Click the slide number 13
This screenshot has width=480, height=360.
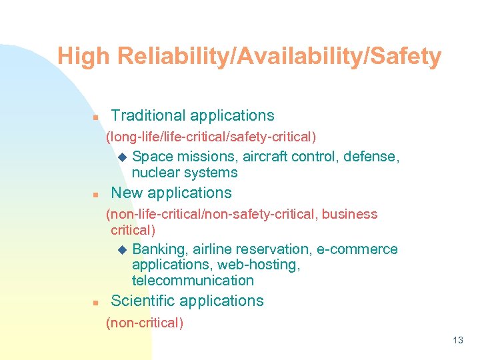(457, 341)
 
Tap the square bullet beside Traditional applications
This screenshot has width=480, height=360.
(95, 117)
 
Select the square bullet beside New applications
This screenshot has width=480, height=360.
(95, 195)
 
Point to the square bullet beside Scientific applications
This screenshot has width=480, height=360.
(95, 303)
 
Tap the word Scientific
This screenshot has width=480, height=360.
(143, 301)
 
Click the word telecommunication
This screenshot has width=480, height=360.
(193, 281)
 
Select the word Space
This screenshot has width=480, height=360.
(152, 157)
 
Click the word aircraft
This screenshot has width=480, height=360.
(267, 157)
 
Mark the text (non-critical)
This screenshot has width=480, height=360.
(145, 323)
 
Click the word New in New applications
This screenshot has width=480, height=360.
(125, 193)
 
